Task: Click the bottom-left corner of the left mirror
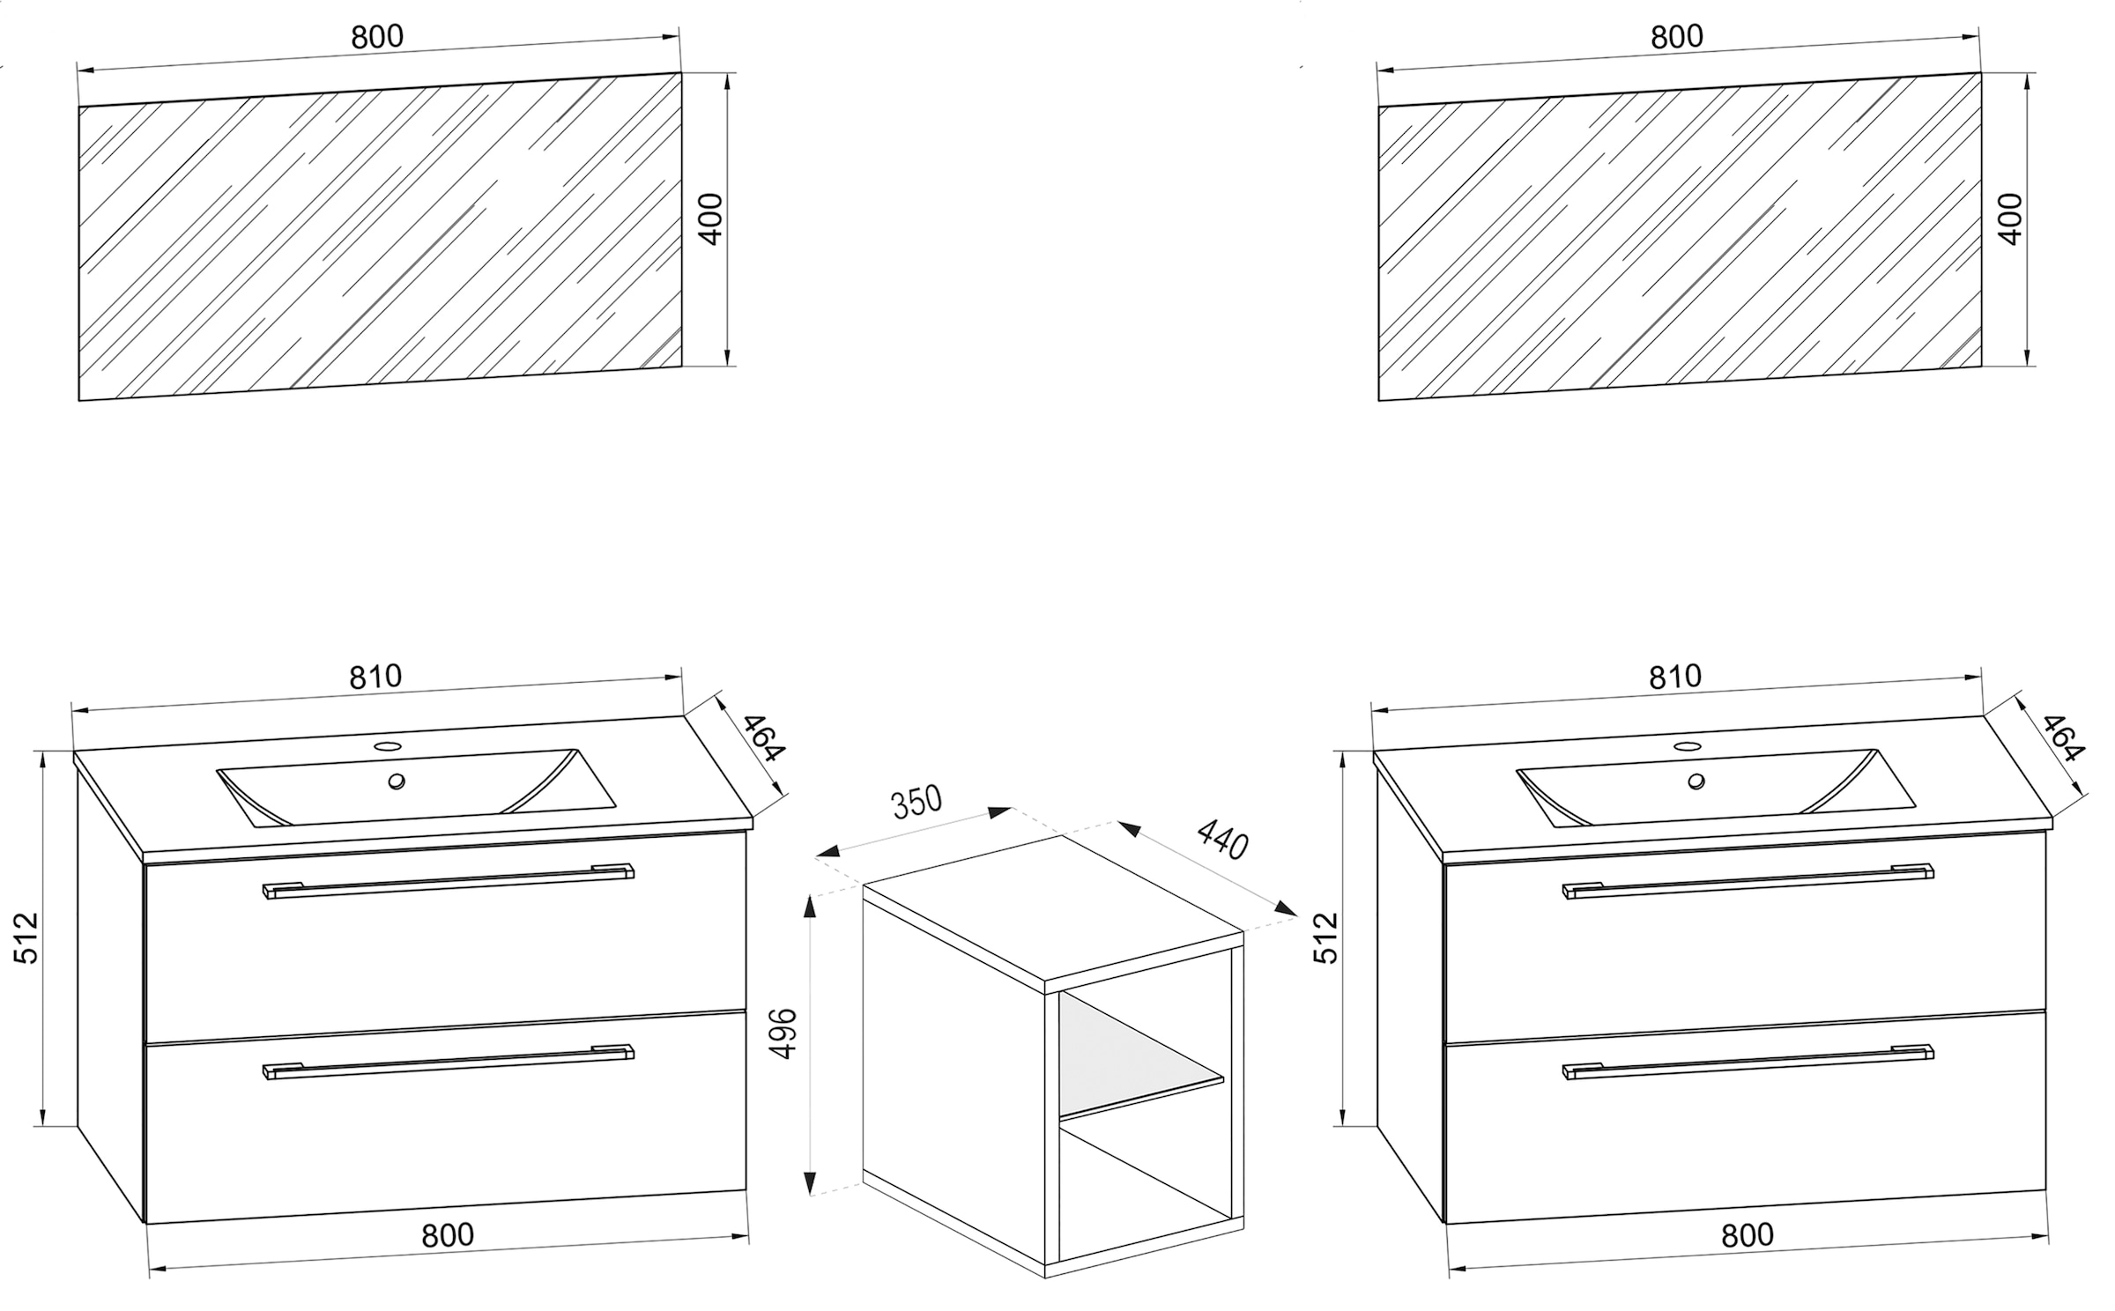(x=79, y=401)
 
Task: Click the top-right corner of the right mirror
(x=1981, y=73)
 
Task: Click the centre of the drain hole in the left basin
(x=397, y=781)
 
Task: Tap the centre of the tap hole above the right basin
(x=1688, y=747)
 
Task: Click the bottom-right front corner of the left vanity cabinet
(x=746, y=1191)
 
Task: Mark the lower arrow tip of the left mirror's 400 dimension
(x=728, y=365)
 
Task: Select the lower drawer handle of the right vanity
(x=1748, y=1061)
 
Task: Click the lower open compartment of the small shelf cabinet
(x=1145, y=1182)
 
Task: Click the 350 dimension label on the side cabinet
(x=916, y=804)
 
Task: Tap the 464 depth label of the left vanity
(x=763, y=738)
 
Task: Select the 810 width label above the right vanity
(x=1674, y=677)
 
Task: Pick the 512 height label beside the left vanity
(x=27, y=938)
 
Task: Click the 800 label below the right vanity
(x=1748, y=1235)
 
